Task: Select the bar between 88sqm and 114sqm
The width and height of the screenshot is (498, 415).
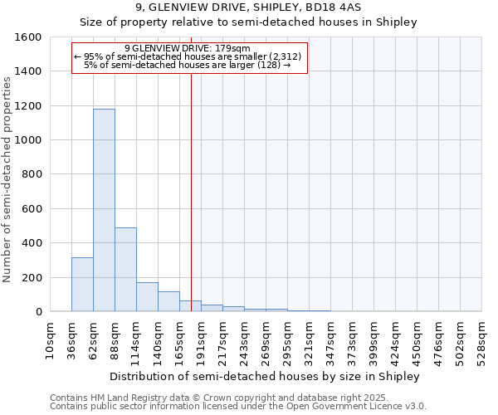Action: click(x=125, y=269)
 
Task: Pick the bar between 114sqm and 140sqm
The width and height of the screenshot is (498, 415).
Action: click(x=147, y=297)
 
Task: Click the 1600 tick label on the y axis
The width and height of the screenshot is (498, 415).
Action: click(x=27, y=37)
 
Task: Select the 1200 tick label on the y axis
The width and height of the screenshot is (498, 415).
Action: click(x=27, y=106)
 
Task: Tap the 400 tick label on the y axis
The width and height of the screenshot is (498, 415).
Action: click(x=31, y=243)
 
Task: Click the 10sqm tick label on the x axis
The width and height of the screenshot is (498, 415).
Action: click(x=50, y=341)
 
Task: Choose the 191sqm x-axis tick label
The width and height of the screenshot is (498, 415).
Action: click(x=201, y=341)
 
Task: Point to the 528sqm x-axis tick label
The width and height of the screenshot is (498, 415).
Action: click(x=481, y=341)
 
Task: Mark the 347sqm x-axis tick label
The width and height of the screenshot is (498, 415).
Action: click(x=330, y=341)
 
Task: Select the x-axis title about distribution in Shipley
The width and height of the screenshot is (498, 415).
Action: click(x=265, y=376)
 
